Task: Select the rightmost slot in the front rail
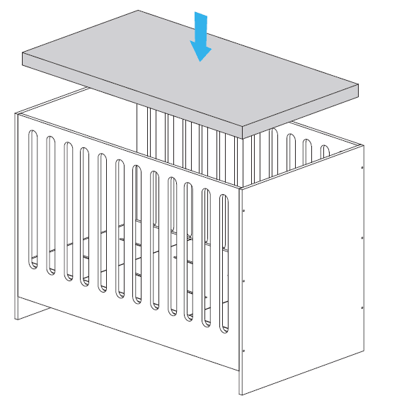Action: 224,262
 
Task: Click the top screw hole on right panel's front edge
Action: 244,210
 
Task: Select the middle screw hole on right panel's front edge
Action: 244,280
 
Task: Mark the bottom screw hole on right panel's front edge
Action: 244,351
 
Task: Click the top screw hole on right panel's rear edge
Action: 362,168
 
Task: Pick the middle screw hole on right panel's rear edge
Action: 362,238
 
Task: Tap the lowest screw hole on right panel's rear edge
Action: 362,307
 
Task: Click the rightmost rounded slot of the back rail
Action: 325,152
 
